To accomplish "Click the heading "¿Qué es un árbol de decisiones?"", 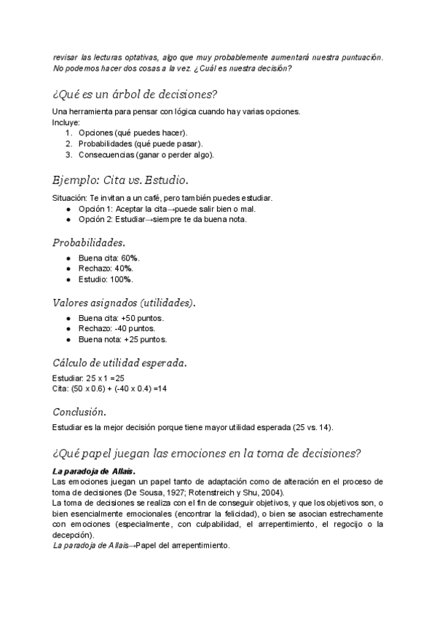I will [x=135, y=95].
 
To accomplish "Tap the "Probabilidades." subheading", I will [x=89, y=242].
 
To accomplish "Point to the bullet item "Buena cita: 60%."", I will [x=109, y=258].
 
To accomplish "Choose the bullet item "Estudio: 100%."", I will [x=106, y=279].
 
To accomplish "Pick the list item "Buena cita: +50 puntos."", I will [x=121, y=319].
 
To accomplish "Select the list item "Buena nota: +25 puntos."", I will [x=123, y=339].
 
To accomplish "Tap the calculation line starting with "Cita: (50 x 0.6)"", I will [x=110, y=389].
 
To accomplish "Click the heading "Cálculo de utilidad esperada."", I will [x=119, y=362].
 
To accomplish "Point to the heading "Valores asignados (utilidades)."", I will [x=124, y=302].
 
